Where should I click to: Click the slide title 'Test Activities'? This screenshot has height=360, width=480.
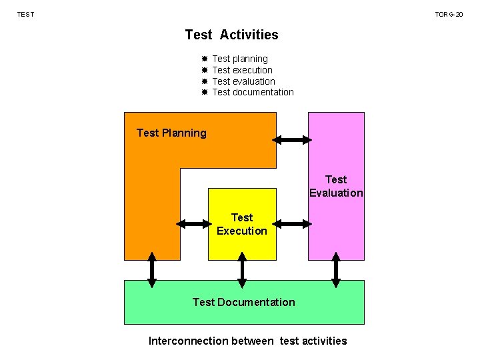tap(231, 35)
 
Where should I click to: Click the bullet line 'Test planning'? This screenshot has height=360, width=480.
tap(239, 59)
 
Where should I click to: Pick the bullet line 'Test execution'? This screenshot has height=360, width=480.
tap(242, 70)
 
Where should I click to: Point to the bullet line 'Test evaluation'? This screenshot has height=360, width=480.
tap(243, 81)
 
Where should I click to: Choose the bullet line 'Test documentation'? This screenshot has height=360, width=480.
tap(253, 92)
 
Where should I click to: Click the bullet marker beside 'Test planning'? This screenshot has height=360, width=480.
tap(205, 59)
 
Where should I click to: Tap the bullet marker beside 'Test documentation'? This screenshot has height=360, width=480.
tap(205, 92)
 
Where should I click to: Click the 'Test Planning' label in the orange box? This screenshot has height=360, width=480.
tap(171, 133)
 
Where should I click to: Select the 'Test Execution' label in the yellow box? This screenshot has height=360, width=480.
tap(241, 224)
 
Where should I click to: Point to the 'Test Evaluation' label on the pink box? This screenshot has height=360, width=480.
tap(336, 186)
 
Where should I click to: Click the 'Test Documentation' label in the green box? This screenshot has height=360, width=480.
tap(243, 302)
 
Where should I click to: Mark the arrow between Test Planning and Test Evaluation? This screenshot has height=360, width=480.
tap(292, 140)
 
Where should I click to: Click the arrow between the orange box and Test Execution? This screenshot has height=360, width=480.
tap(194, 224)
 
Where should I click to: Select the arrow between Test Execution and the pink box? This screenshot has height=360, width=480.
tap(292, 224)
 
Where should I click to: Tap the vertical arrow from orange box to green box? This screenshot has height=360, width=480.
tap(152, 270)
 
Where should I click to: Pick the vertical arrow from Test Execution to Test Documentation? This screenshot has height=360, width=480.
tap(242, 270)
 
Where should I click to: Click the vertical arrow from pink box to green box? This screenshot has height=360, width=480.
tap(336, 270)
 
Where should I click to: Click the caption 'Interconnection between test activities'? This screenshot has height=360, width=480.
tap(247, 341)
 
